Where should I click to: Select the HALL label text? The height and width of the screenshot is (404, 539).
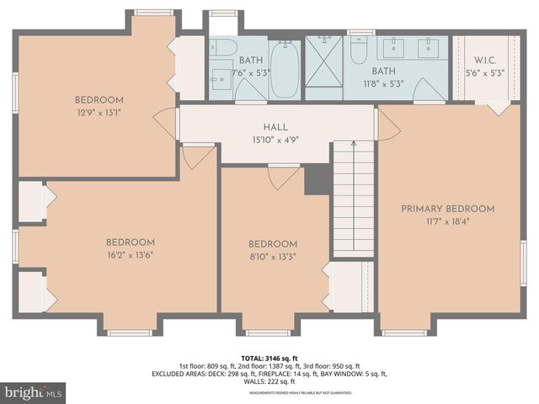point(276,127)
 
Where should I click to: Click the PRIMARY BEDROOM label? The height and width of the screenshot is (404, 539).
point(447,209)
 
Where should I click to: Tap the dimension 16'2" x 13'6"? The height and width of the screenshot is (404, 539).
point(130,255)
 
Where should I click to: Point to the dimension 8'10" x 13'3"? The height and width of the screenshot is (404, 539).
point(273,257)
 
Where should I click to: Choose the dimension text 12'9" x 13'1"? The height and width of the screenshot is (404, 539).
point(99,112)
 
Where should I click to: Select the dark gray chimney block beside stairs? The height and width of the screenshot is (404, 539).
point(317,178)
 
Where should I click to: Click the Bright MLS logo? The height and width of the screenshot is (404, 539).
point(34,392)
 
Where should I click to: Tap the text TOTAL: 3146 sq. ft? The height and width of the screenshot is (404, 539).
point(269,358)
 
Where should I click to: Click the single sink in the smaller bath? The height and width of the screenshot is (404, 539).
point(221,70)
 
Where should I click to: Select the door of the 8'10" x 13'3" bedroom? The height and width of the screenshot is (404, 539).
point(283,177)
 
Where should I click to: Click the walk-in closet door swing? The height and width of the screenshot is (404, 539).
point(498,108)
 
